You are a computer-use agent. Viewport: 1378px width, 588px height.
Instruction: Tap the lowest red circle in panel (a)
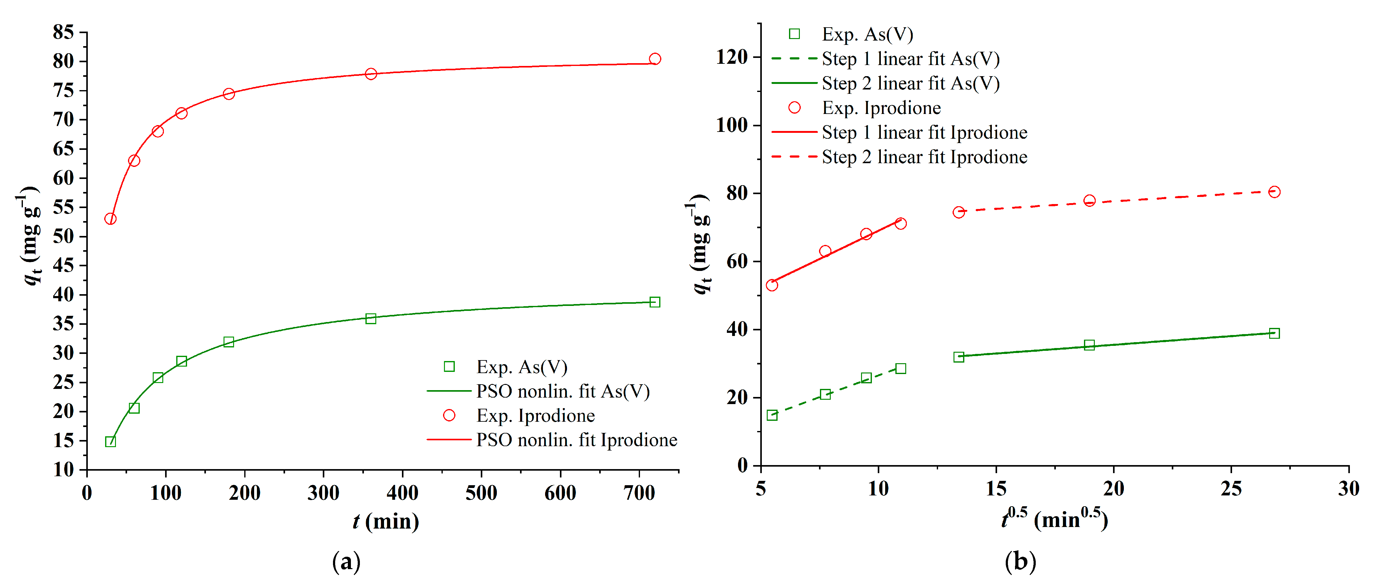coord(110,219)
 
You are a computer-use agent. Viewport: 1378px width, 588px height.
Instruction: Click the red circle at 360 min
coord(371,74)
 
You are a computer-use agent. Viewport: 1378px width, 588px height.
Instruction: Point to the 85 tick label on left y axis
coord(63,32)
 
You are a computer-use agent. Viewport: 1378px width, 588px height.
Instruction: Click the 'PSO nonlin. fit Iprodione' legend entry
coord(577,440)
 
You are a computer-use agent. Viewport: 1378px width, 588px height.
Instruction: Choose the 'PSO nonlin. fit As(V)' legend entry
coord(563,391)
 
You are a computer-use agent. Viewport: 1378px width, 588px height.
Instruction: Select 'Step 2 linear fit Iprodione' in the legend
coord(924,157)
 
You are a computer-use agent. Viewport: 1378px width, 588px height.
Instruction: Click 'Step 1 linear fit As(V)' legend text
coord(911,59)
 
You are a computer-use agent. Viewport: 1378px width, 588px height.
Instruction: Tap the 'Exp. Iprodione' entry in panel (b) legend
coord(881,108)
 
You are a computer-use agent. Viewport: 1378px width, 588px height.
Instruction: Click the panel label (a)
coord(346,561)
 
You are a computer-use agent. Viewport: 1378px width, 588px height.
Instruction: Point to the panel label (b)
coord(1020,561)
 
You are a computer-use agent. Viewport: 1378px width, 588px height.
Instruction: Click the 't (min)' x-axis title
coord(385,521)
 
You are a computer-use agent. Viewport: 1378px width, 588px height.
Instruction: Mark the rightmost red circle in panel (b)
coord(1274,192)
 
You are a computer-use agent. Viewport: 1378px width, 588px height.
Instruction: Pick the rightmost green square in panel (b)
coord(1274,333)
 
